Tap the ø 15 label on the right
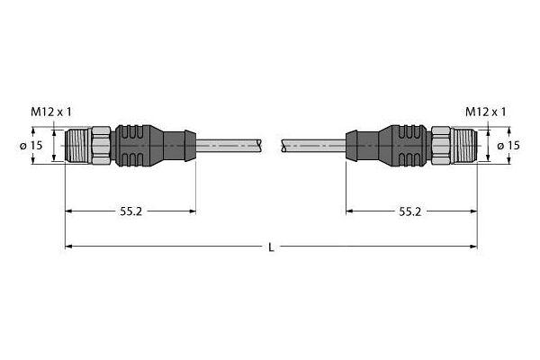(506, 146)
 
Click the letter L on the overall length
(271, 247)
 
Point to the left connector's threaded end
(77, 145)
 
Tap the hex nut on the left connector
(100, 145)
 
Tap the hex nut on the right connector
(440, 145)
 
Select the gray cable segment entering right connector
(315, 145)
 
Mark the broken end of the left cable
(261, 145)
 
